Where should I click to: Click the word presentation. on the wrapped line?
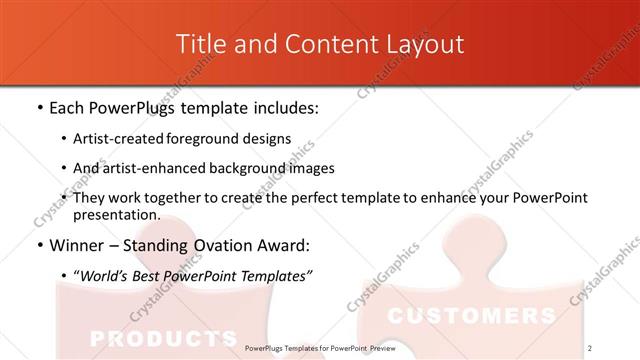[116, 215]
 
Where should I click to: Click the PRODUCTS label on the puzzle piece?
[161, 337]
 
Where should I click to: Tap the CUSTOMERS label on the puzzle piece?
[470, 317]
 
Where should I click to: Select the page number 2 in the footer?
[590, 348]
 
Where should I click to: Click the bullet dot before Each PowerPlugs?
[38, 108]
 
